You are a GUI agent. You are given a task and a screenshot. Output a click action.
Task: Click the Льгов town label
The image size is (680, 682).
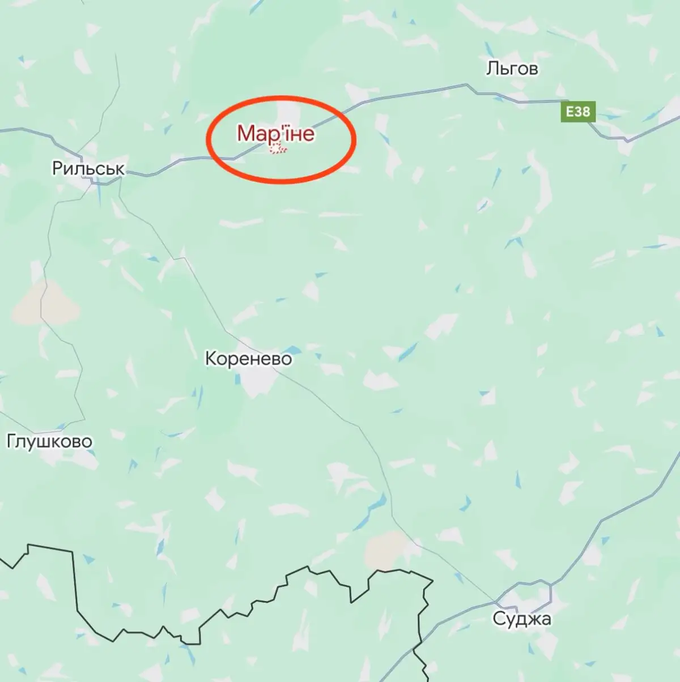tap(512, 69)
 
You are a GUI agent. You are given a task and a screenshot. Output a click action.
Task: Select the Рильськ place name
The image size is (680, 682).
tap(88, 168)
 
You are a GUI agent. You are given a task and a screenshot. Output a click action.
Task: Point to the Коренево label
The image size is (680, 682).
tap(248, 359)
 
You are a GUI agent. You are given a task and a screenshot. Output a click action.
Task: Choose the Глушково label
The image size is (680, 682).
tap(49, 441)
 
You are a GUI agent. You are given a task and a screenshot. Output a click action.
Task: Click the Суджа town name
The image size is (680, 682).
tap(521, 619)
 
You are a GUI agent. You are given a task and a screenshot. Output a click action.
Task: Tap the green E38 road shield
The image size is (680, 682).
tap(578, 112)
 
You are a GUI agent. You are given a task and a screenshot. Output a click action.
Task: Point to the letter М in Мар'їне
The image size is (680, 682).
tap(245, 134)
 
